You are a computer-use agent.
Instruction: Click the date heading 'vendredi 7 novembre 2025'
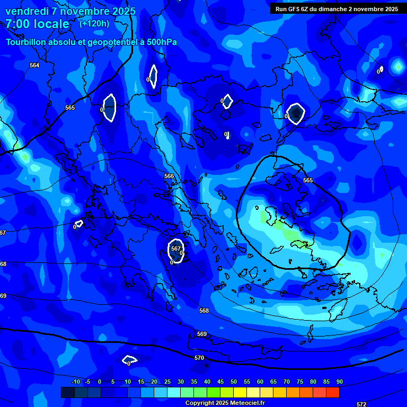(70, 11)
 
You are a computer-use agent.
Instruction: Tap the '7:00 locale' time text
(38, 24)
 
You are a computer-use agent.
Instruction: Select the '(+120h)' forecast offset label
(94, 23)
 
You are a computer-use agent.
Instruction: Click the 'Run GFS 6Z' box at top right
(337, 9)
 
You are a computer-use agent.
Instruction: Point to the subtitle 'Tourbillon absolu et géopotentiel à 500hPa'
(92, 42)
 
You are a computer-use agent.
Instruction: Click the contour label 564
(34, 65)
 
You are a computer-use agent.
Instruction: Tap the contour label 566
(169, 176)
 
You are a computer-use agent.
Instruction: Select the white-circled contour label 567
(176, 249)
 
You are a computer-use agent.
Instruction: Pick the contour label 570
(199, 358)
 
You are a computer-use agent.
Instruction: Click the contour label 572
(361, 404)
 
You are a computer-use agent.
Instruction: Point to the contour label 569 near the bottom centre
(202, 334)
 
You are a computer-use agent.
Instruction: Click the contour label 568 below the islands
(204, 311)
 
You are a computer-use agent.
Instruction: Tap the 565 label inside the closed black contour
(308, 180)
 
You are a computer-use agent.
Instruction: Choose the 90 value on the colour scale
(339, 382)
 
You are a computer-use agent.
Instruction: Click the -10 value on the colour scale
(75, 382)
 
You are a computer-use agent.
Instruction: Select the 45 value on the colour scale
(220, 382)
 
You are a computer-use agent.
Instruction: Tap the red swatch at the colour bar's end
(333, 392)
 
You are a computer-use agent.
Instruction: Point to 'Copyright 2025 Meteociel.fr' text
(225, 403)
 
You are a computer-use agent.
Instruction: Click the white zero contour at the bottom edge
(129, 360)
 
